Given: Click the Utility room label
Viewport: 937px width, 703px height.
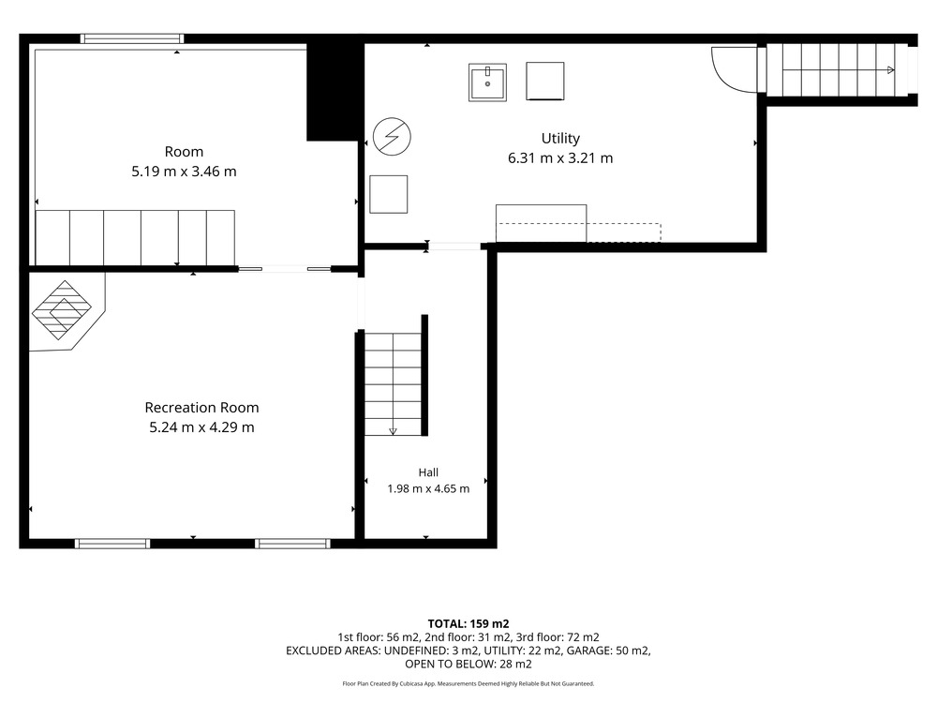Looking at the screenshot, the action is (x=560, y=139).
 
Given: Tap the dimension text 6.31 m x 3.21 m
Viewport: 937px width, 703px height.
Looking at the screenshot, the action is (x=560, y=158).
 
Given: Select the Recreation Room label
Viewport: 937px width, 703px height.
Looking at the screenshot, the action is (x=201, y=408).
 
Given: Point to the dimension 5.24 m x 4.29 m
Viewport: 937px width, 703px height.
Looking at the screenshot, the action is (x=201, y=427).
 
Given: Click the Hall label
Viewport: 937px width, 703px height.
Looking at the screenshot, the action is (x=428, y=472).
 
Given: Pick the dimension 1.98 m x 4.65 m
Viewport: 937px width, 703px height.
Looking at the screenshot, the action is (x=428, y=489).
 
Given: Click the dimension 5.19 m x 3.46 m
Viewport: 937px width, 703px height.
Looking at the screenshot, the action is (x=184, y=172).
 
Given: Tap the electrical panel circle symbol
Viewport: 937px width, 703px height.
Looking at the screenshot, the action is (x=392, y=136).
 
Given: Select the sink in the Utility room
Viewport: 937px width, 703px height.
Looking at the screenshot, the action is (x=487, y=82).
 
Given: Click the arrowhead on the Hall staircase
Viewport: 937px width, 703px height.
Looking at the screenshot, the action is (x=393, y=431).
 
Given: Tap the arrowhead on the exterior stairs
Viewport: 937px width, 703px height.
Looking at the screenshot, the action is (x=891, y=70).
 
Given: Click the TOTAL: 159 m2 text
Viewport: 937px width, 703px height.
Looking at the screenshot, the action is (x=468, y=624).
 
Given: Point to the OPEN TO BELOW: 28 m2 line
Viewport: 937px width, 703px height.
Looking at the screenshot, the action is (x=468, y=665).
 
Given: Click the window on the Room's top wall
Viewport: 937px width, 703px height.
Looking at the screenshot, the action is (x=132, y=38).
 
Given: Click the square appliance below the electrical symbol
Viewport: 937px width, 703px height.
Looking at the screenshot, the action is (x=389, y=194).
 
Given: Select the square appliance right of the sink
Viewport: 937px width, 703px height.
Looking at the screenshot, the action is (x=545, y=81).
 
